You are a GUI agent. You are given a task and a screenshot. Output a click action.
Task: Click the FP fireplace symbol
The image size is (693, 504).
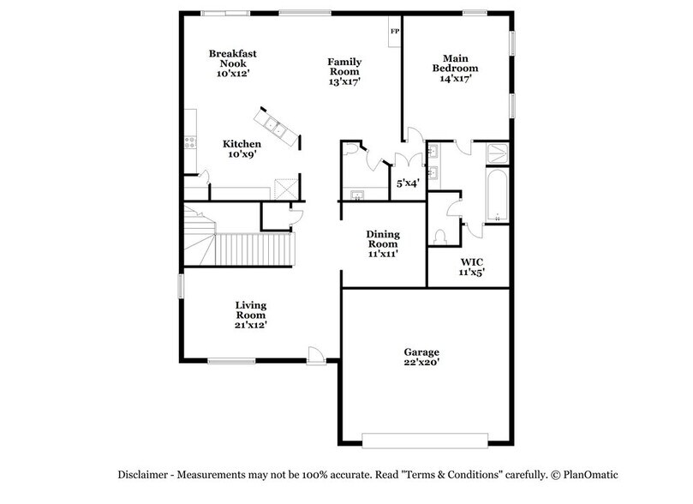[x=394, y=32]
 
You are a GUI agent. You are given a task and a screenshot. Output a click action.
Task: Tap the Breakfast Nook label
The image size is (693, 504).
[x=233, y=63]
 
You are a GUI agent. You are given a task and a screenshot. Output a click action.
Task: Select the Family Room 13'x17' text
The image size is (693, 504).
[x=344, y=72]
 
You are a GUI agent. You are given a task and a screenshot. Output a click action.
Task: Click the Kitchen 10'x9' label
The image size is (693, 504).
[x=241, y=149]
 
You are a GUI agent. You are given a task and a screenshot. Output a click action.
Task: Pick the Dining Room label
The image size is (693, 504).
[x=383, y=243]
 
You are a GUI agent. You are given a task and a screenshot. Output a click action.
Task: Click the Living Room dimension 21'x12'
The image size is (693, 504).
[x=251, y=325]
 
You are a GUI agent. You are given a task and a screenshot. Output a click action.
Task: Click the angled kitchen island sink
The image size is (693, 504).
[x=278, y=129]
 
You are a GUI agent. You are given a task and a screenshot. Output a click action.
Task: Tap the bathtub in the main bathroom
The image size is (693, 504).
[x=497, y=195]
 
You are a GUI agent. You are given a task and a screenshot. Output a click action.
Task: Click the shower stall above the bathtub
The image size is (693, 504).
[x=497, y=153]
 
